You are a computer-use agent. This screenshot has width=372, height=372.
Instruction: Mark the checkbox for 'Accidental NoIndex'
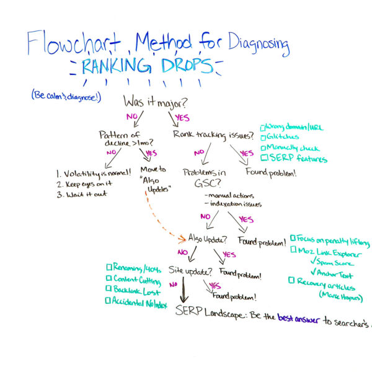pos(109,301)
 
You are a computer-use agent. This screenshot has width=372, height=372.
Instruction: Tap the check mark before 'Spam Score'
pos(314,261)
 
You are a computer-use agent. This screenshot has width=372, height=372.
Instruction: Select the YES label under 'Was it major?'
pos(182,117)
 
